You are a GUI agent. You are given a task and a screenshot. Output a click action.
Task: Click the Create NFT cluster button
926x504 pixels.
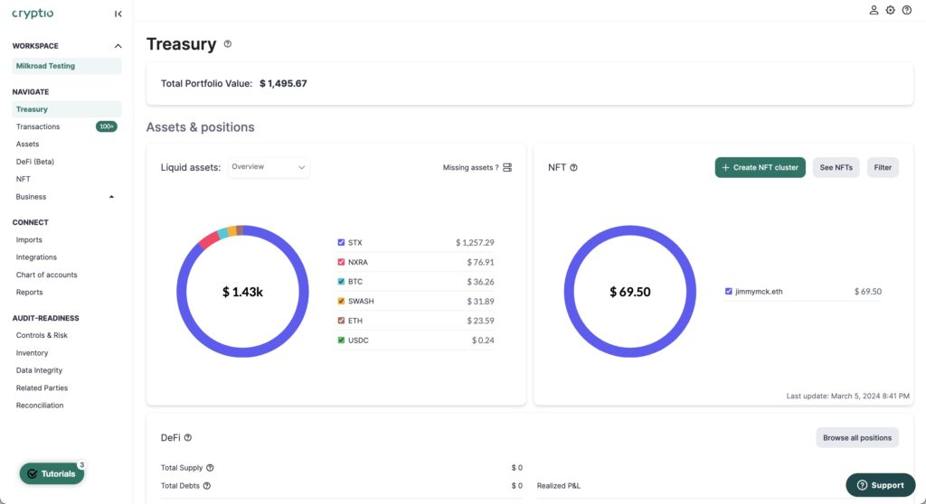coord(760,167)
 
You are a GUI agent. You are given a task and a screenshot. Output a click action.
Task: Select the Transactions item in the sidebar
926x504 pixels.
coord(38,126)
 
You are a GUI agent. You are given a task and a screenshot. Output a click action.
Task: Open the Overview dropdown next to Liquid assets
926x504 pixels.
coord(269,167)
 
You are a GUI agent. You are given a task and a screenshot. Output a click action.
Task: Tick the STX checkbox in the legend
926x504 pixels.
coord(341,242)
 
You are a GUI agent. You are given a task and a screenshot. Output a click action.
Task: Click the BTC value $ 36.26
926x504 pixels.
coord(475,282)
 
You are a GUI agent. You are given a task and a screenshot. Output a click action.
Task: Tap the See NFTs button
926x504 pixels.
coord(836,167)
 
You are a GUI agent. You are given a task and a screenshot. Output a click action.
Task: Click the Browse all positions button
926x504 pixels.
coord(856,437)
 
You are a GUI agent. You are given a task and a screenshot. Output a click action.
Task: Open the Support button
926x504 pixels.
coord(880,485)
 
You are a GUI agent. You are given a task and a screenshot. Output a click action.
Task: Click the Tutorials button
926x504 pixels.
coord(52,473)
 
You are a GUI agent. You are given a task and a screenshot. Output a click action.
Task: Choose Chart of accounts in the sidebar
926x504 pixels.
coord(46,275)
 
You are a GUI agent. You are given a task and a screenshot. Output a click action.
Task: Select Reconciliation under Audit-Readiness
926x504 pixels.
coord(40,406)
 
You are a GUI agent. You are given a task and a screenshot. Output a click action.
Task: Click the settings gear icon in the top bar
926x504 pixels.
coord(890,10)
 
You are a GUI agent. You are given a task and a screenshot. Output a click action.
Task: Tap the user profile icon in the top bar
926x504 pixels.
coord(874,10)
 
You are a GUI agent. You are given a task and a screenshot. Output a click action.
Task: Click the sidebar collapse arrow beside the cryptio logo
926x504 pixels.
coord(118,14)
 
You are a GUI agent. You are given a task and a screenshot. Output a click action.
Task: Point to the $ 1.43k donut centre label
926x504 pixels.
coord(242,292)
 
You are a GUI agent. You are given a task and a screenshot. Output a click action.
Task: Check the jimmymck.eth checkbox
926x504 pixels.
coord(729,292)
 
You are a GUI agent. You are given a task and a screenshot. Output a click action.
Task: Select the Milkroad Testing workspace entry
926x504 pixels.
coord(45,66)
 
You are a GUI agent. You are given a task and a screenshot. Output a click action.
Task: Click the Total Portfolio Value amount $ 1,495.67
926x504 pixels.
coord(283,83)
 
